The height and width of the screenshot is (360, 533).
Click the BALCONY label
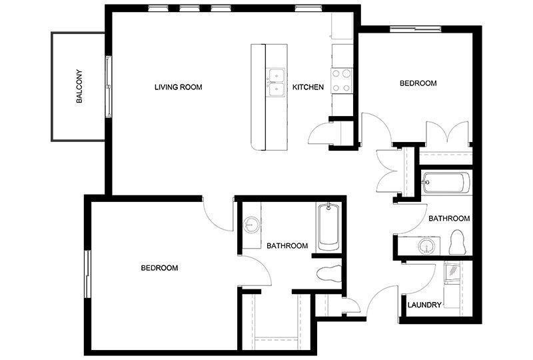point(79,87)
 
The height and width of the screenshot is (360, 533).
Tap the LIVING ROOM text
point(178,87)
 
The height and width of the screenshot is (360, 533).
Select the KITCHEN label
point(308,87)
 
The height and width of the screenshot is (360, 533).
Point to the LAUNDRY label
point(424,305)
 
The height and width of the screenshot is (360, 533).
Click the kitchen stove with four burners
point(342,81)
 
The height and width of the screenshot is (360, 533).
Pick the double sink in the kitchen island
point(276,83)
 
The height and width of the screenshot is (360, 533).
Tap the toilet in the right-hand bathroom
point(456,242)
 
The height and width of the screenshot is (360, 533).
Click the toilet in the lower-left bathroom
point(328,273)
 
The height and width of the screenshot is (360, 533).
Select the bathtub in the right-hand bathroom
point(446,183)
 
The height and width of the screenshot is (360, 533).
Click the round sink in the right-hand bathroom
point(426,246)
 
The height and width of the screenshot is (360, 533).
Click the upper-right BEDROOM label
point(418,83)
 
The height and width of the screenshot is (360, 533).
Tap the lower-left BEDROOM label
point(159,268)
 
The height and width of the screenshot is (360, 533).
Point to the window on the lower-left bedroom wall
point(87,274)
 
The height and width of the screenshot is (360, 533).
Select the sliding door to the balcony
point(109,87)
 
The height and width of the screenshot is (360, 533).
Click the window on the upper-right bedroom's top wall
point(415,29)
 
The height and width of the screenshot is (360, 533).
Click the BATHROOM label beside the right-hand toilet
point(449,219)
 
